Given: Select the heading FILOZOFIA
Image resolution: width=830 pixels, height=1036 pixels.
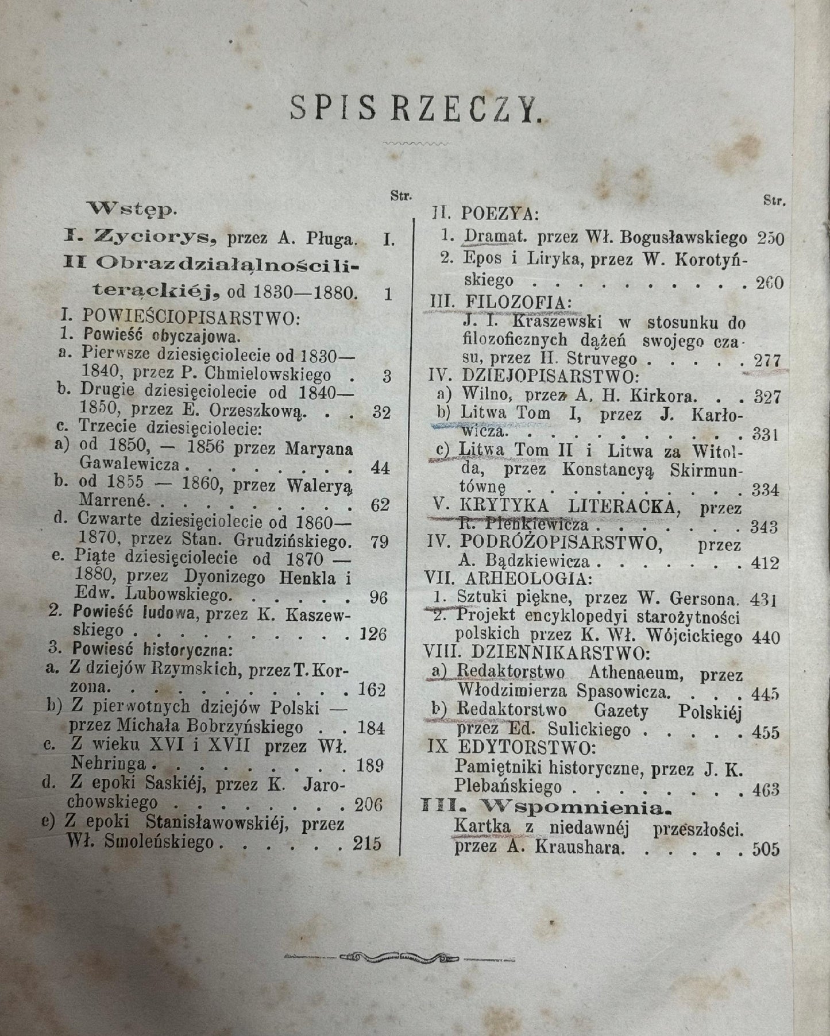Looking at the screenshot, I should click(500, 302).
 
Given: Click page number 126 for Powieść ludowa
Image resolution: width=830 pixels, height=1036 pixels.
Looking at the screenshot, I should click(372, 635).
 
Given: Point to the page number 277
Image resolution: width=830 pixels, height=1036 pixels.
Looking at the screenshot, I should click(768, 361).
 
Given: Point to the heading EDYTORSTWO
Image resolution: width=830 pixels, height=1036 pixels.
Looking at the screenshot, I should click(524, 748).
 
